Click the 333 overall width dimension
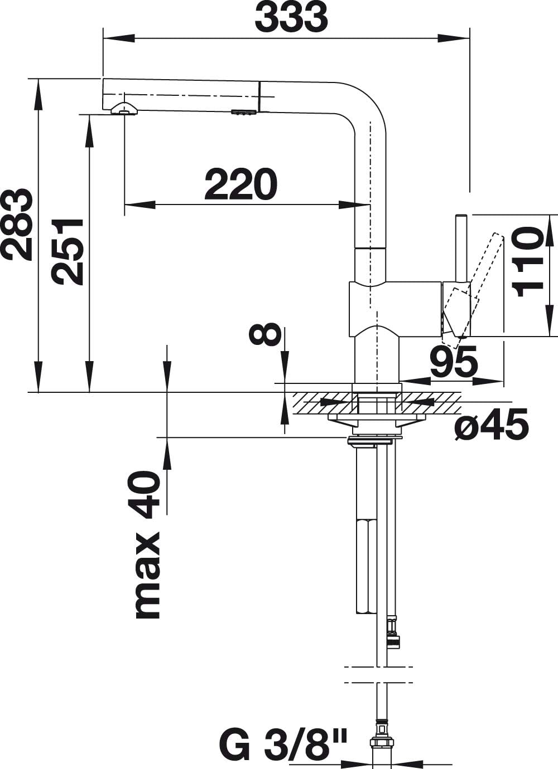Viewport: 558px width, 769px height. point(291,18)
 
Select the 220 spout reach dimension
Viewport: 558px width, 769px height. point(240,185)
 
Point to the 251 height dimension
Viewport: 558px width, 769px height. point(68,251)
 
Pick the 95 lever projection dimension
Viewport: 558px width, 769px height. point(454,362)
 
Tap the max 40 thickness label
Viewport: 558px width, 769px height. point(146,545)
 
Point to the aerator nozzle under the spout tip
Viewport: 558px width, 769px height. point(124,108)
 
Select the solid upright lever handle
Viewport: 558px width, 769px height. point(462,248)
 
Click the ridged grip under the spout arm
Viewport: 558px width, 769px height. point(244,113)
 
